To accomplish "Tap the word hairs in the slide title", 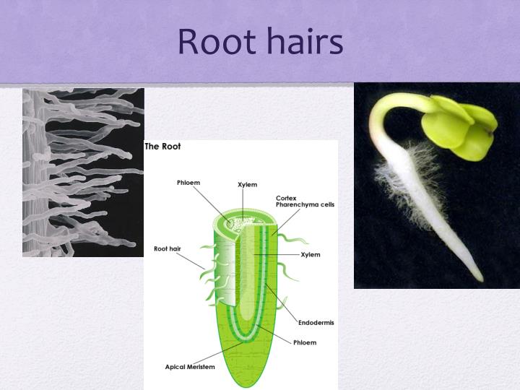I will coord(303,41).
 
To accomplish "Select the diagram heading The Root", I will coord(163,147).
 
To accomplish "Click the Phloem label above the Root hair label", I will coord(188,183).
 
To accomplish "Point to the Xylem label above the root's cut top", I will coord(247,185).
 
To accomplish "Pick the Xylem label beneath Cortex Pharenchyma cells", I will coord(311,255).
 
